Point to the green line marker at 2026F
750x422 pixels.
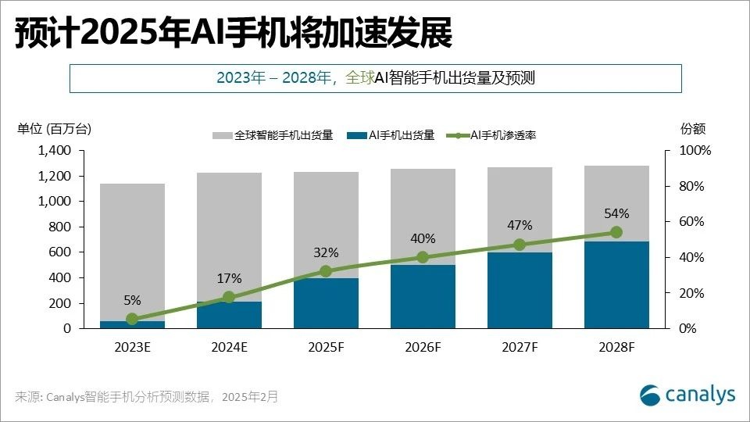pyautogui.click(x=423, y=257)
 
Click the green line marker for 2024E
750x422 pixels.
pyautogui.click(x=229, y=297)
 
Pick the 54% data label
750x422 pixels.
pyautogui.click(x=616, y=213)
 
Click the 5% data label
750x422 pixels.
pyautogui.click(x=132, y=299)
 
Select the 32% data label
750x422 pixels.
pyautogui.click(x=326, y=252)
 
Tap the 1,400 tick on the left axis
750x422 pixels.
pyautogui.click(x=54, y=150)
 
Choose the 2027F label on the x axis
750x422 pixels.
pyautogui.click(x=520, y=347)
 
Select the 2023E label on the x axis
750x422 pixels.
pyautogui.click(x=132, y=347)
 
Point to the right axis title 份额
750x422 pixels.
pyautogui.click(x=693, y=128)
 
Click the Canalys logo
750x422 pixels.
pyautogui.click(x=687, y=395)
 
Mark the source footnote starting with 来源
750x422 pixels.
pyautogui.click(x=147, y=397)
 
